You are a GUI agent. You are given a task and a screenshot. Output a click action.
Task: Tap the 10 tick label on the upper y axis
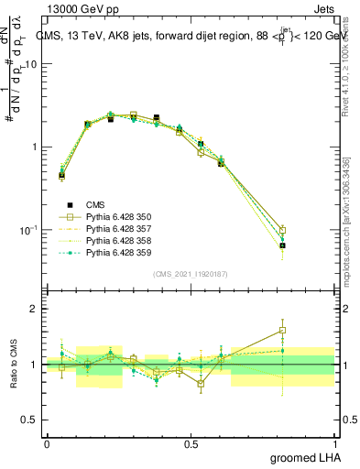coord(31,65)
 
